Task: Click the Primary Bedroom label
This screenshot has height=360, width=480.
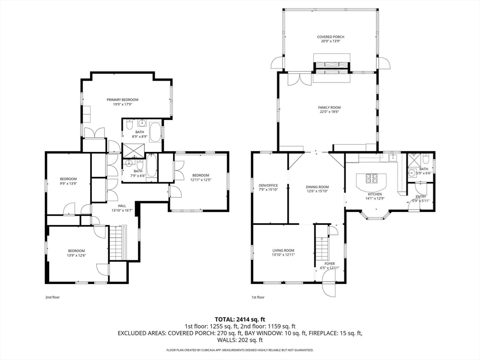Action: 122,99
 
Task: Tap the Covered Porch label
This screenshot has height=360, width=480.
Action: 330,37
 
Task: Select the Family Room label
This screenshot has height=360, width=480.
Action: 330,107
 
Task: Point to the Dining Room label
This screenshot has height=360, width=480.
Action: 317,187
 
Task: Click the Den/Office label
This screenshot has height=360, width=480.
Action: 269,185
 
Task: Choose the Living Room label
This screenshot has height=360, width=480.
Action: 284,250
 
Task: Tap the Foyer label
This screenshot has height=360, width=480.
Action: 330,263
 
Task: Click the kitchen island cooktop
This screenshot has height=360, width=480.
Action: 372,178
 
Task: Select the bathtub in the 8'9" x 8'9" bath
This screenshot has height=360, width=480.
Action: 156,132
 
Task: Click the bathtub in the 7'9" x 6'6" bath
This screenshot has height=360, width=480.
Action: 151,165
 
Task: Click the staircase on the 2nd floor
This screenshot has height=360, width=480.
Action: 116,242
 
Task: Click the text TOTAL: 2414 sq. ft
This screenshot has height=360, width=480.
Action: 240,320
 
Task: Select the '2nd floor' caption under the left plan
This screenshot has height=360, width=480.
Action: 52,297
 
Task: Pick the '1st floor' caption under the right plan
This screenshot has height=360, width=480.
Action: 258,297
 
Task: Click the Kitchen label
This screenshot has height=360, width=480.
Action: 375,194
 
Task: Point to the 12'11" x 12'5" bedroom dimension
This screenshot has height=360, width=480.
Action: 201,180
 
